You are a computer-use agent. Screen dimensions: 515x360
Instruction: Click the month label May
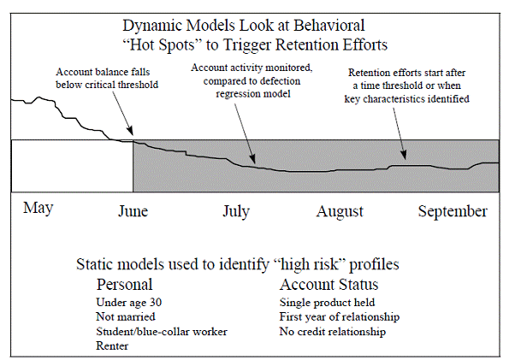pos(38,209)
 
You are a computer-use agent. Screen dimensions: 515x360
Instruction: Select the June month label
pos(133,211)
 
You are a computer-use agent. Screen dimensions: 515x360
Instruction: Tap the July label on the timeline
pos(236,212)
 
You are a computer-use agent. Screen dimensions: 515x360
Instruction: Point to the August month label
pos(340,212)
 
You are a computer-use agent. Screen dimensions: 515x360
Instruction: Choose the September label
pos(453,212)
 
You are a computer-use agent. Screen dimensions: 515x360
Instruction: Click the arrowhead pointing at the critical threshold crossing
pos(130,131)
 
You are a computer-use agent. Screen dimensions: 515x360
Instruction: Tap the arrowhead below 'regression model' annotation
pos(252,158)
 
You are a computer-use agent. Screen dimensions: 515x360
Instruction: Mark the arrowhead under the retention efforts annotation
pos(404,155)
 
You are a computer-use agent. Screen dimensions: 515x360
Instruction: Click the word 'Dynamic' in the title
pos(153,26)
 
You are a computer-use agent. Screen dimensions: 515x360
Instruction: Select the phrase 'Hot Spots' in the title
pos(162,44)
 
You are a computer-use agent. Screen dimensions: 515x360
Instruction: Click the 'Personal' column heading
pos(125,284)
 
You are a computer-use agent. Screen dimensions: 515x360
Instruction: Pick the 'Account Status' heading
pos(329,284)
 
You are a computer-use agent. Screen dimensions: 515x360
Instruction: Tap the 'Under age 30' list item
pos(128,302)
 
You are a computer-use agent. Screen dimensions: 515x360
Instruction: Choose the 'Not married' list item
pos(126,316)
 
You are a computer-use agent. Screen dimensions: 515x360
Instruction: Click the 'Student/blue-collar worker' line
pos(162,332)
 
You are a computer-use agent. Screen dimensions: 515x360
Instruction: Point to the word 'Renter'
pos(112,345)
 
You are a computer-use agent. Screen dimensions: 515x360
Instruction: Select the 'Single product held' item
pos(327,302)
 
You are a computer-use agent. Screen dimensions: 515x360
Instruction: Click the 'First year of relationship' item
pos(340,316)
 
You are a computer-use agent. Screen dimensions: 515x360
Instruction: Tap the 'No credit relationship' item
pos(333,332)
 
